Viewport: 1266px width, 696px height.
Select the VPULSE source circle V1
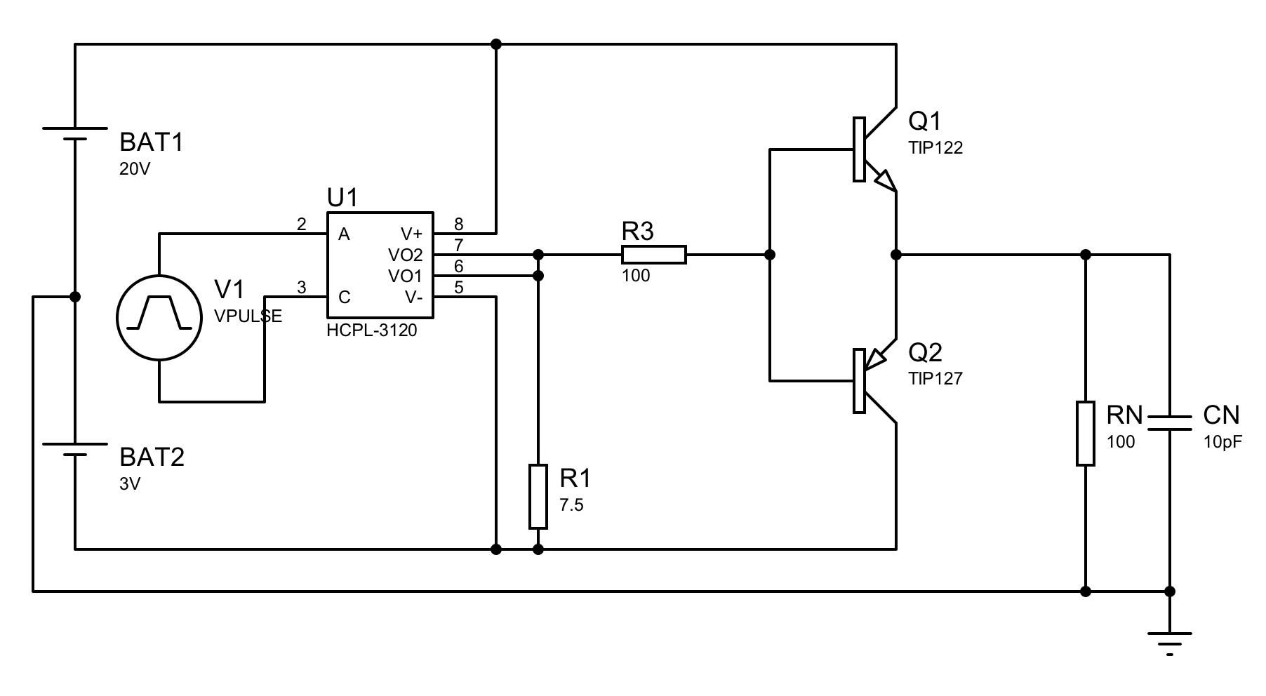(159, 318)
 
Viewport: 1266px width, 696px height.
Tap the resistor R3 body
(653, 255)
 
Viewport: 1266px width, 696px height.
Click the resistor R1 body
(538, 496)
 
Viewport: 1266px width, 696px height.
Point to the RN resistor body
(1086, 433)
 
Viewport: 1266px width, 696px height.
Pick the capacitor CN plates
(1169, 422)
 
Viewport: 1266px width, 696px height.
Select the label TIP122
(935, 148)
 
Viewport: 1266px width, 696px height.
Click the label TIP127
(935, 379)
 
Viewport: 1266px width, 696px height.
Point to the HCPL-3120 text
(372, 330)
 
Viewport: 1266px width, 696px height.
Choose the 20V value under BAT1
(135, 169)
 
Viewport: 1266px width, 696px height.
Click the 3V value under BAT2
(130, 484)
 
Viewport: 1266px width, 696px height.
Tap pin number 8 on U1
(458, 225)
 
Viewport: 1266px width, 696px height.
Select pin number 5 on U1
(458, 287)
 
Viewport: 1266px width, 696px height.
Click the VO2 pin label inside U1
(405, 255)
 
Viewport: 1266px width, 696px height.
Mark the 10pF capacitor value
(1222, 443)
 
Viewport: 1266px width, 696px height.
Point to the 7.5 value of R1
(571, 505)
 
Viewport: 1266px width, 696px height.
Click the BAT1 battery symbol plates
(75, 133)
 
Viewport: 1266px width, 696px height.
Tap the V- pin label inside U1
(413, 297)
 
